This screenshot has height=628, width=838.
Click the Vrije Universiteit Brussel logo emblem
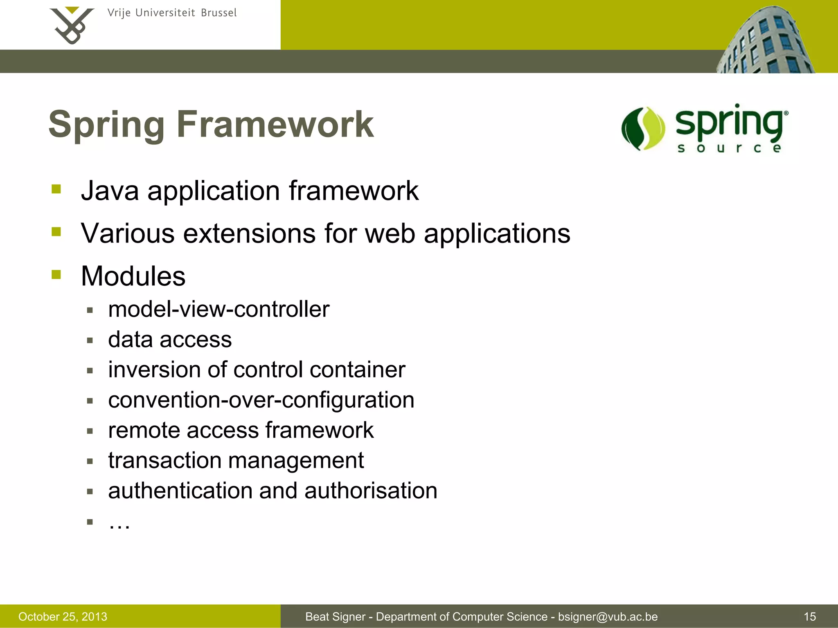(x=72, y=25)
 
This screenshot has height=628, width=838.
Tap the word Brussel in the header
(x=219, y=13)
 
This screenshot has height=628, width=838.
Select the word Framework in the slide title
(x=275, y=124)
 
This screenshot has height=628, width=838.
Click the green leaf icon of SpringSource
(x=643, y=129)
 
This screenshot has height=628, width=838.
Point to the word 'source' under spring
(x=729, y=148)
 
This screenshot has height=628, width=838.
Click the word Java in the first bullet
(x=110, y=191)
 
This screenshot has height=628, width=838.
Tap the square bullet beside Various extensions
(x=56, y=232)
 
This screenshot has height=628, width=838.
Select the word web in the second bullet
(x=390, y=233)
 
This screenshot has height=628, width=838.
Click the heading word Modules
(x=133, y=276)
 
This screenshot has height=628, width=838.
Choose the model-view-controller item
(x=219, y=309)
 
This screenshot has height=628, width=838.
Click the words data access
(x=170, y=339)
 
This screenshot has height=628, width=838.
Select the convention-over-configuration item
(x=261, y=400)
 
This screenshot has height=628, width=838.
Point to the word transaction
(x=164, y=460)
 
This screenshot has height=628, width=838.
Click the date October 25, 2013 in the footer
(x=63, y=617)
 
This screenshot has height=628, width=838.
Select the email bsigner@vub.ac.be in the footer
(x=608, y=617)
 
